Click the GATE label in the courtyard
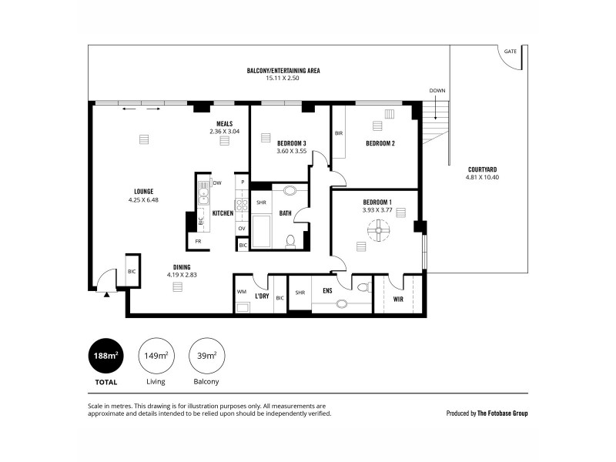(510, 52)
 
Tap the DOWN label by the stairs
(437, 91)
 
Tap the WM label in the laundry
(241, 292)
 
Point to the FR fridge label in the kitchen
(199, 242)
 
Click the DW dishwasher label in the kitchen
(218, 182)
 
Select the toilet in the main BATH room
(290, 241)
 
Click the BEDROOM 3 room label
(292, 143)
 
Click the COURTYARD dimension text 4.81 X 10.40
(483, 177)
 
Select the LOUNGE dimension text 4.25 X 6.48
(143, 199)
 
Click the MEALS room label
(224, 123)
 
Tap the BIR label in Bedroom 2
(338, 133)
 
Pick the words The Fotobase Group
(502, 413)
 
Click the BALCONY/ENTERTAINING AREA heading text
(283, 70)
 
